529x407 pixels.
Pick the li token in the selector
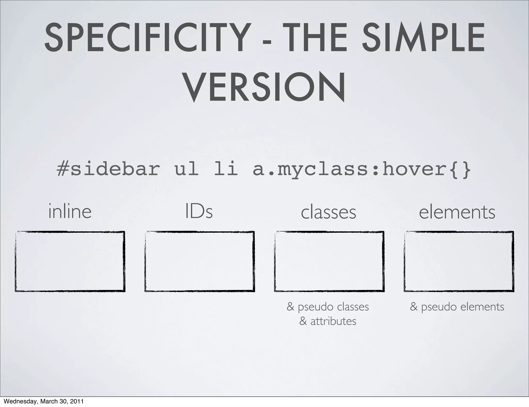coord(226,169)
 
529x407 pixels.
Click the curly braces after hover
coord(462,169)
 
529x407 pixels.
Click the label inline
coord(70,212)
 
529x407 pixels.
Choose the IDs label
coord(199,212)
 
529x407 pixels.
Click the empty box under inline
coord(70,261)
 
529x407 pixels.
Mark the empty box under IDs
coord(200,261)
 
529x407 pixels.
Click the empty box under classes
coord(329,261)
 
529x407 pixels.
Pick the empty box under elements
coord(459,261)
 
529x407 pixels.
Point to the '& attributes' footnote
coord(328,321)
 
